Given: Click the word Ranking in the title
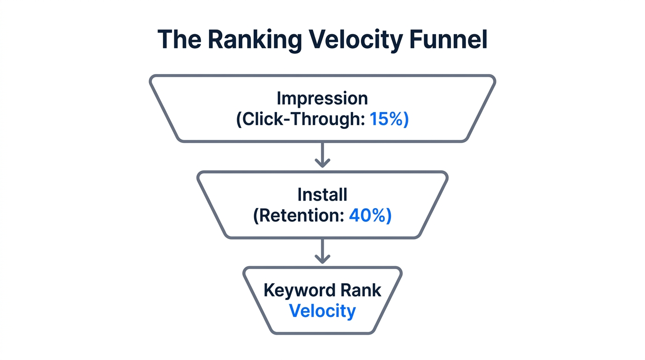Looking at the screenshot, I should pos(255,40).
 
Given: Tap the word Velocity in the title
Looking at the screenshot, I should pos(356,40).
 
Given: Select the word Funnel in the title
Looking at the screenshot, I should pos(449,40).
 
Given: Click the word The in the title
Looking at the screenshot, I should pos(179,40).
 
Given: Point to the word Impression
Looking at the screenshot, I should pos(322,98).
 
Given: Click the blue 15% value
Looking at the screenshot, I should pos(385,120).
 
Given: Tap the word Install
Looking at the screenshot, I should pos(322,195).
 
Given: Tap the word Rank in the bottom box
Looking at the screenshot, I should pos(360,290).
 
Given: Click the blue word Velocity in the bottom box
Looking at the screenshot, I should pos(322,311).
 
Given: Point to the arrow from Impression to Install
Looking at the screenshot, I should pos(322,155).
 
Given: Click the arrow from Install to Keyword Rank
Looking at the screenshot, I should pos(322,251).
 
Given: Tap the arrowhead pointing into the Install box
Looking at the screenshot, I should pos(322,163).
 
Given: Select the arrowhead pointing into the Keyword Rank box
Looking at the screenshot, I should pos(322,259).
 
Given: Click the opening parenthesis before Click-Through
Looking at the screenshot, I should pos(239,120).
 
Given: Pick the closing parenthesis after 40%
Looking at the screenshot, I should pos(389,216).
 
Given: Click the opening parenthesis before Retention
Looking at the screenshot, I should pos(256,216).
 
